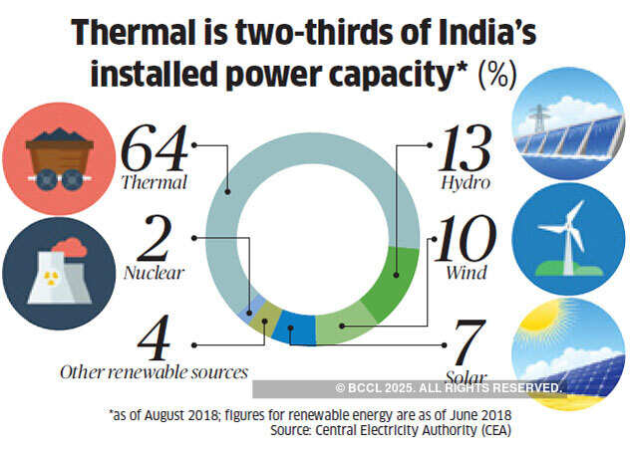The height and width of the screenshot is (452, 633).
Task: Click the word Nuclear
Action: pyautogui.click(x=154, y=271)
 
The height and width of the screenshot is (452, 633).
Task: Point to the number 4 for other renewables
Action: pyautogui.click(x=156, y=336)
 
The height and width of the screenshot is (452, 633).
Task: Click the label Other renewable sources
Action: pyautogui.click(x=154, y=372)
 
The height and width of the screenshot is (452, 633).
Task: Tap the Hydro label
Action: pyautogui.click(x=467, y=184)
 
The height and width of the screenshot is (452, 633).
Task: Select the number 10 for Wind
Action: pyautogui.click(x=465, y=239)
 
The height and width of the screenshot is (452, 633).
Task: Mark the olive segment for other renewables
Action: pyautogui.click(x=267, y=318)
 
